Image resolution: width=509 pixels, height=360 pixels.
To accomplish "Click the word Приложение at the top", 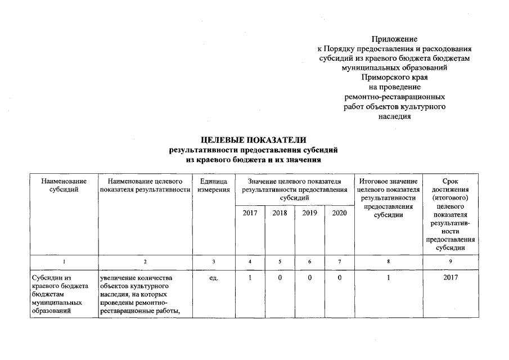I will [394, 39].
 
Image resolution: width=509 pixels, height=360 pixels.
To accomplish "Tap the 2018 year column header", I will [280, 213].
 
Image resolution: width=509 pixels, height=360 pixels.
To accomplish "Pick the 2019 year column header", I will [309, 213].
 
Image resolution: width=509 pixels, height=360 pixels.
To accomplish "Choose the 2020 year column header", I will [339, 213].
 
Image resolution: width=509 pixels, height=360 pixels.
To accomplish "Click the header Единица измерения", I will [214, 186].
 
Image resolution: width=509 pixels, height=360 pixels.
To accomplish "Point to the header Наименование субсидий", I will [64, 186].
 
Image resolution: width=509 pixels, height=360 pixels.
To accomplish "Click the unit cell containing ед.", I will [214, 277].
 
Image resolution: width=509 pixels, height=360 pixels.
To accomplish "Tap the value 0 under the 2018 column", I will [280, 277].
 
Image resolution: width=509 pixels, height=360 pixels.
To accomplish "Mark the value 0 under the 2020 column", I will [339, 277].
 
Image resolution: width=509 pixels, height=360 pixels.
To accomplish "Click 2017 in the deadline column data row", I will [451, 277].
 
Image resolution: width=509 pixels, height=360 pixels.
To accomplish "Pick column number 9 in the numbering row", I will [451, 262].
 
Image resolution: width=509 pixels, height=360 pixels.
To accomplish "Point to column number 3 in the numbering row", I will [214, 262].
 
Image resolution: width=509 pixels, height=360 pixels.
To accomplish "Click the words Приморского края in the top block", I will [394, 78].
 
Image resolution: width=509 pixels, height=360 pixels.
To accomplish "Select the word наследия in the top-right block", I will [394, 116].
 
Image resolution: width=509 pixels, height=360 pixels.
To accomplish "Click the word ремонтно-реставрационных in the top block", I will [394, 97].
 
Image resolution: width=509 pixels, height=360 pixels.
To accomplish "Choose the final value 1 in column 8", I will [388, 277].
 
